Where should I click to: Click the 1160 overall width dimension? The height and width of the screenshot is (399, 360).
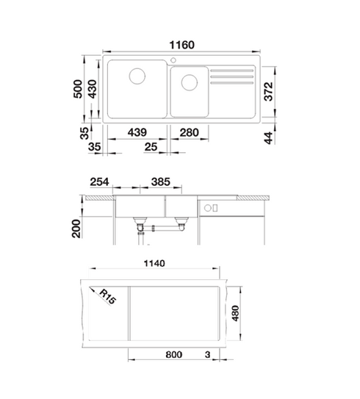coord(181,45)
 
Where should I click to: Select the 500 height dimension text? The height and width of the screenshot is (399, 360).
coord(78,89)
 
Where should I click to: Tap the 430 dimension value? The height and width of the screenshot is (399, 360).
coord(92,89)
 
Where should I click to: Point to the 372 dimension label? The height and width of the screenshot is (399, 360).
coord(268,92)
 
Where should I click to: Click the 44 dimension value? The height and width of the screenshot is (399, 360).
coord(268,138)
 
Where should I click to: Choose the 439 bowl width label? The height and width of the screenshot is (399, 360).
coord(137,132)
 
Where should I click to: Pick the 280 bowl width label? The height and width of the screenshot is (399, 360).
coord(190,132)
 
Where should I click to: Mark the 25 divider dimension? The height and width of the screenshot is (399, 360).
coord(151,147)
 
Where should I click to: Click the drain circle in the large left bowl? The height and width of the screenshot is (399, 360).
coord(137,76)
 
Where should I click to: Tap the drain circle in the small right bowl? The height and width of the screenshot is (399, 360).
coord(190,82)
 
